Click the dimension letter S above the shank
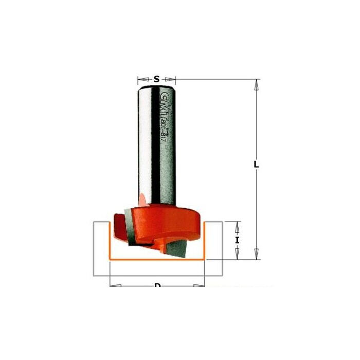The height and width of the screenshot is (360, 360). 157,79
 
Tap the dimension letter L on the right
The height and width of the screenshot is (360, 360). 256,166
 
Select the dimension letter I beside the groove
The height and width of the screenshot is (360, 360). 238,240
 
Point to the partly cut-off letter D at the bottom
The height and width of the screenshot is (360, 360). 157,285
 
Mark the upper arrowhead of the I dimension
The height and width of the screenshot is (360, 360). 238,225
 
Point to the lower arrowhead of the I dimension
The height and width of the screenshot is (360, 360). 238,256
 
